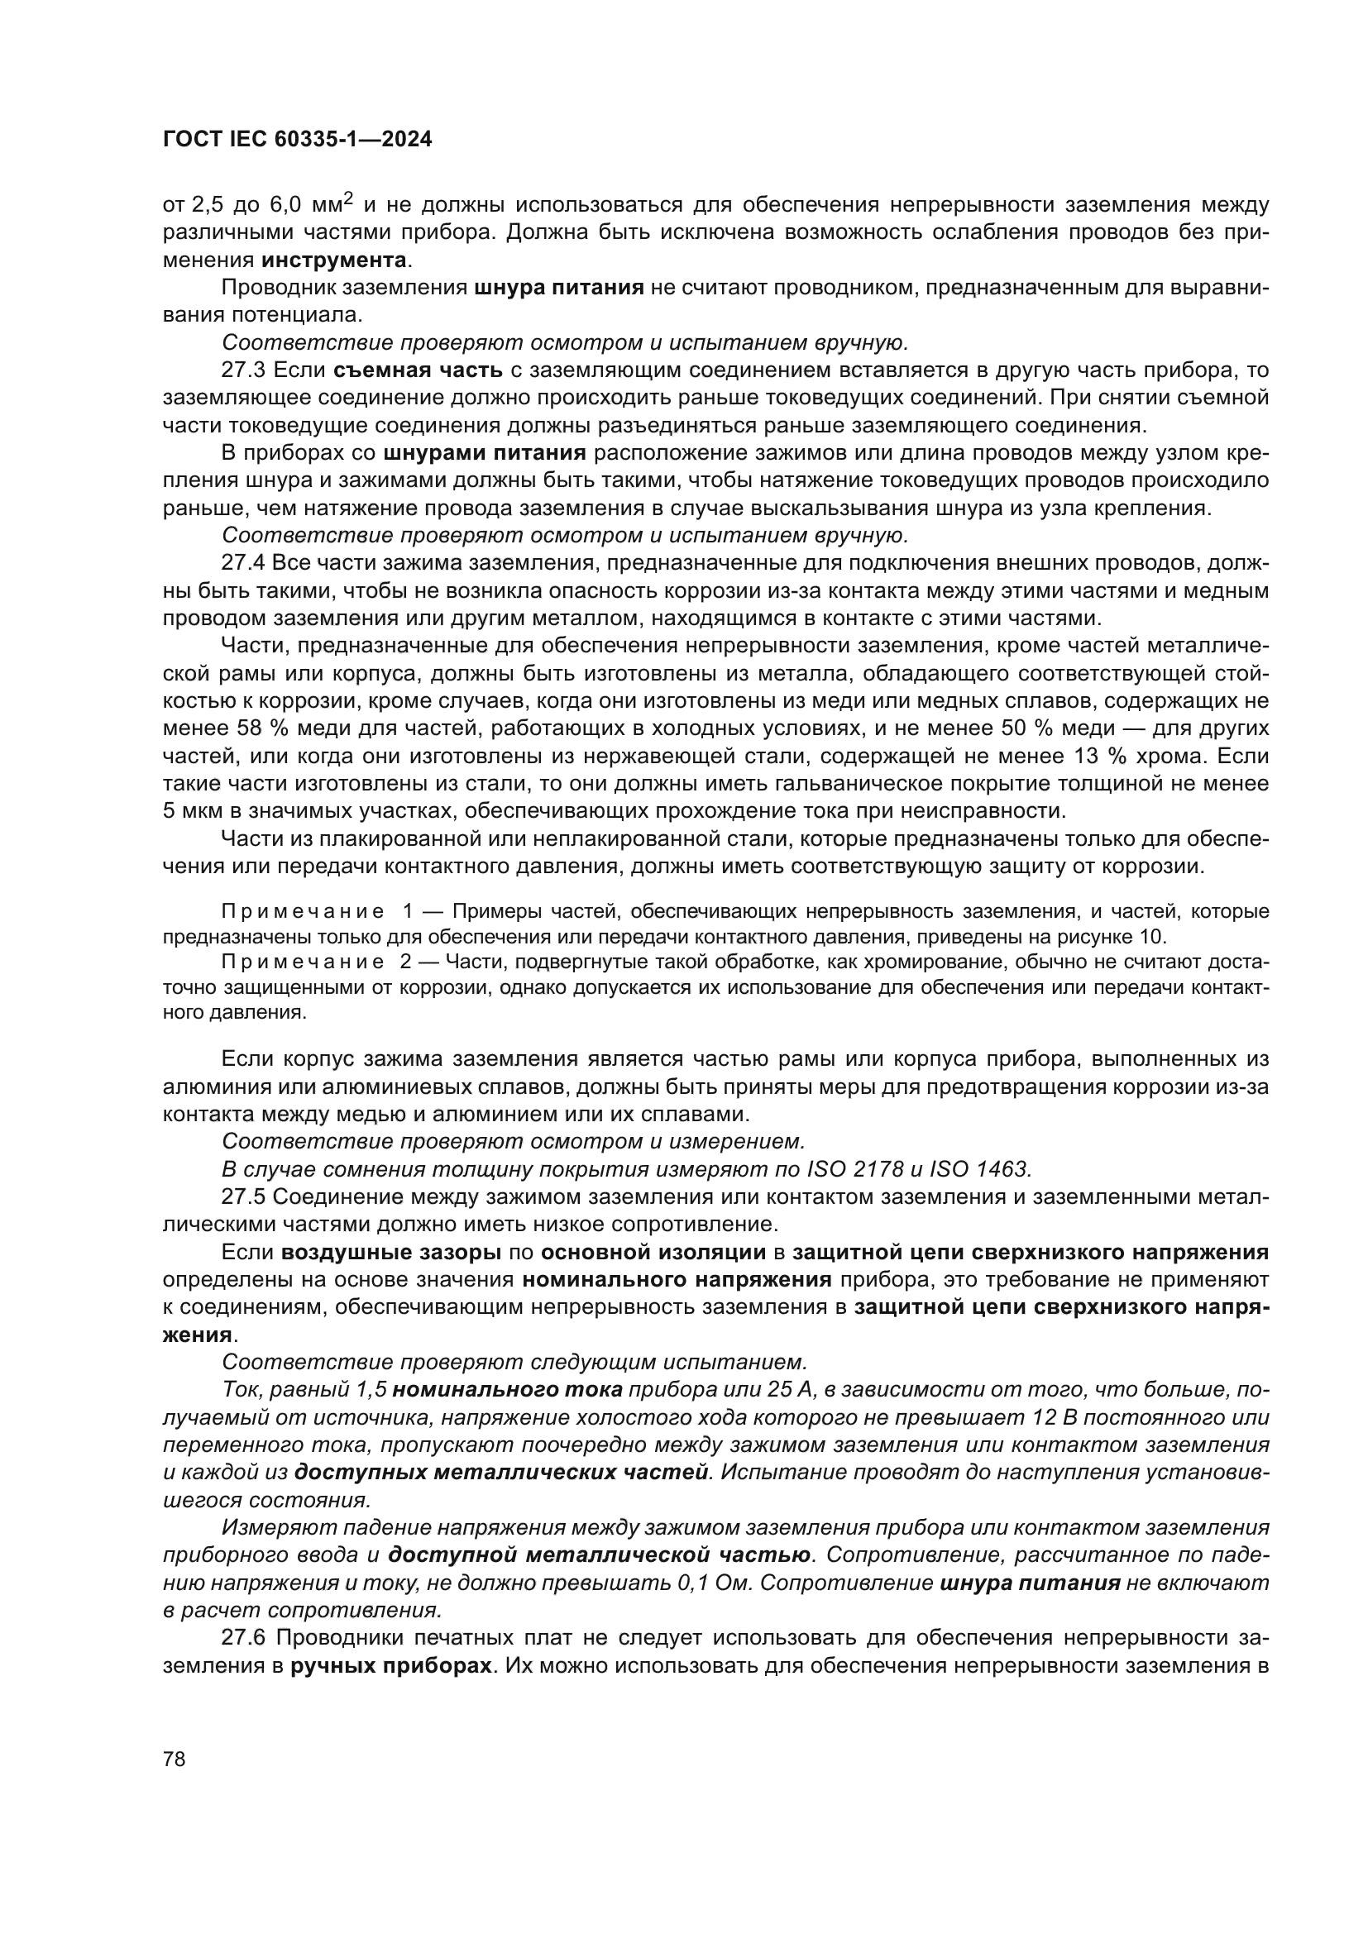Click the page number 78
click(x=175, y=1759)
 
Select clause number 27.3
click(x=243, y=370)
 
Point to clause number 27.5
click(x=243, y=1197)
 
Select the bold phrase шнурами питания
click(x=485, y=453)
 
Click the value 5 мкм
click(x=191, y=811)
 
